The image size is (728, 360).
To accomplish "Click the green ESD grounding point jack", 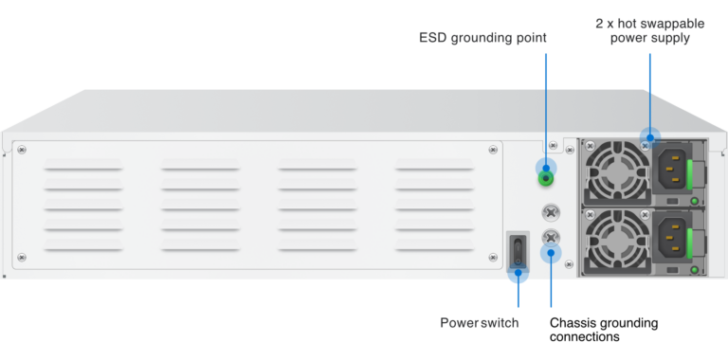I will [546, 176].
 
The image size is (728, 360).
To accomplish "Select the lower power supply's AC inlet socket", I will [672, 237].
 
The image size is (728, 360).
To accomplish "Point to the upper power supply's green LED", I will [694, 202].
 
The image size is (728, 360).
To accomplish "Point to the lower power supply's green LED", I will [694, 269].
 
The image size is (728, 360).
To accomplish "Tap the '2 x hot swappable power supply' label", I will [649, 30].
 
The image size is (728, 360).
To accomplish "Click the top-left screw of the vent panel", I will [22, 148].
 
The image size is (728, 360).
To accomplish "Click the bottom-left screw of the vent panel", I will [22, 257].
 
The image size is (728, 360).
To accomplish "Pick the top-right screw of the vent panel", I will [492, 148].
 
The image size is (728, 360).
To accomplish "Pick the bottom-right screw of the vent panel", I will [492, 257].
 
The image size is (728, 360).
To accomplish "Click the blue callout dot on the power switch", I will [518, 276].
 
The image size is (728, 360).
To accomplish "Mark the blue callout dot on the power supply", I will [649, 137].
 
